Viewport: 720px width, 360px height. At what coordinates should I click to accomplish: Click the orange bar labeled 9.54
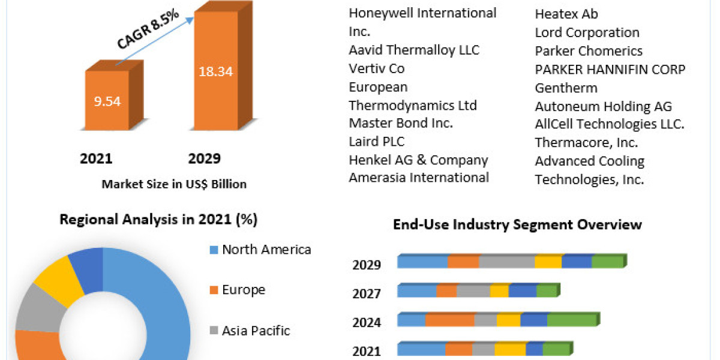(107, 101)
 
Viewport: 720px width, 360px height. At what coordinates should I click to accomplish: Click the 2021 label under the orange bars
(96, 159)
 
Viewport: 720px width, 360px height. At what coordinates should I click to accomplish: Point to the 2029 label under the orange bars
(204, 159)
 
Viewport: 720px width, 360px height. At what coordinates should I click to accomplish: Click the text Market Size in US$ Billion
(174, 184)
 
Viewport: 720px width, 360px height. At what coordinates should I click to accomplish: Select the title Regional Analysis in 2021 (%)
(158, 220)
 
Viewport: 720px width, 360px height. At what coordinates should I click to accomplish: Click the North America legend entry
(266, 250)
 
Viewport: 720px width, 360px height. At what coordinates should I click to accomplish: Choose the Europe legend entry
(243, 290)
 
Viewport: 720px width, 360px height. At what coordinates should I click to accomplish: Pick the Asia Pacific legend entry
(255, 331)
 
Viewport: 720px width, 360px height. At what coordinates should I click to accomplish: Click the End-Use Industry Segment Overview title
(517, 225)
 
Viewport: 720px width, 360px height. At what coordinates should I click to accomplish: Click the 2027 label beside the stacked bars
(367, 294)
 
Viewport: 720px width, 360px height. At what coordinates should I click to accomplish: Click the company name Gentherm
(566, 88)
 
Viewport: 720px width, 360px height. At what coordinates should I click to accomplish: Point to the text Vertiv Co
(377, 69)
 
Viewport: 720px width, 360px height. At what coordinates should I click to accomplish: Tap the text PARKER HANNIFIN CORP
(610, 70)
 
